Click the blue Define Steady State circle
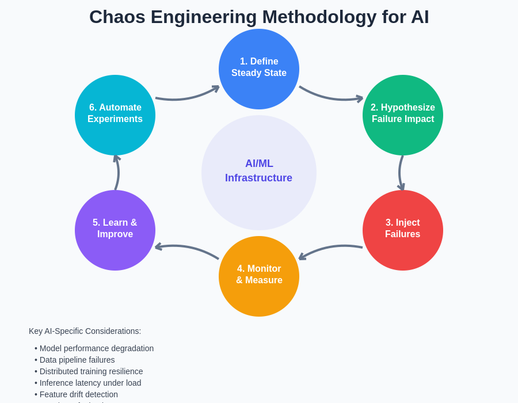pos(259,69)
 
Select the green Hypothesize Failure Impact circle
pos(403,115)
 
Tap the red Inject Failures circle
pos(403,230)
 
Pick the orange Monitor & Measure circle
pos(259,276)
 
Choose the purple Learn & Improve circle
pos(115,230)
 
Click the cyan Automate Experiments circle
pos(115,115)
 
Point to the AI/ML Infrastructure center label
pos(259,171)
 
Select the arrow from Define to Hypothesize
pos(331,97)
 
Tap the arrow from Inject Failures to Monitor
pos(331,249)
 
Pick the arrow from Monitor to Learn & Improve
pos(187,248)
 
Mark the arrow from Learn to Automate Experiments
pos(117,173)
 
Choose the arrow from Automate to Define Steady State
pos(187,97)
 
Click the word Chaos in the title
pos(116,17)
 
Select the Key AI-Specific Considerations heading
pos(85,331)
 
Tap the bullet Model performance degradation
pos(96,348)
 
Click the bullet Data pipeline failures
pos(77,360)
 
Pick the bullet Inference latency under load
pos(90,383)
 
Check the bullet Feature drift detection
pos(78,394)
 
